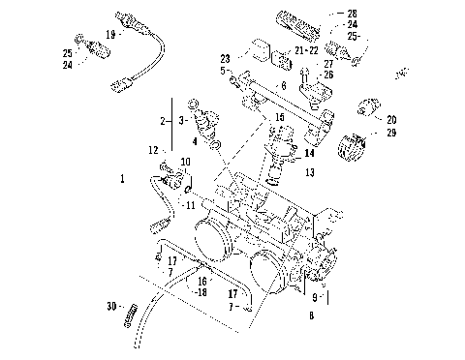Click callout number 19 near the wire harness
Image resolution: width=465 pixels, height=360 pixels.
tap(110, 34)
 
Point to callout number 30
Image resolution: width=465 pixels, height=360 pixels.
tap(111, 307)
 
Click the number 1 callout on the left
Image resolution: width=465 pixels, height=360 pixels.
tap(122, 179)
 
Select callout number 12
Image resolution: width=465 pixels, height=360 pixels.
tap(153, 149)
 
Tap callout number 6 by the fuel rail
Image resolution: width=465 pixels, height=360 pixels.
tap(284, 86)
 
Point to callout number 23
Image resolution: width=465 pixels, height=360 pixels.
tap(225, 58)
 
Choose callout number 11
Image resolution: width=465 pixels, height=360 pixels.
tap(190, 205)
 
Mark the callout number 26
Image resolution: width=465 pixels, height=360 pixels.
tap(329, 74)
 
